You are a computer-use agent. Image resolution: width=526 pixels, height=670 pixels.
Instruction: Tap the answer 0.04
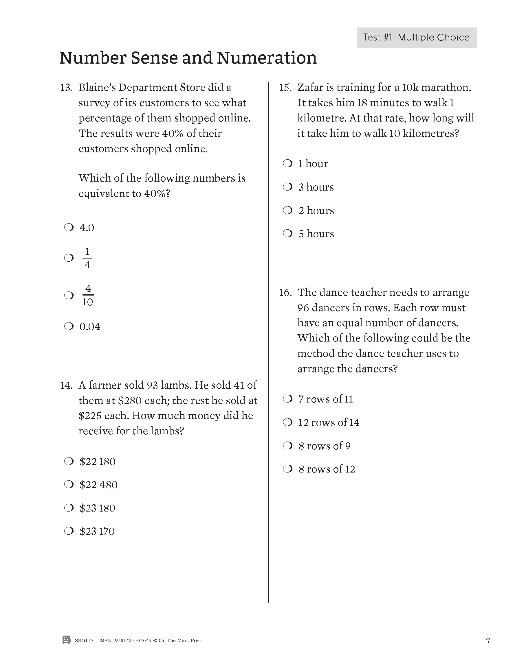coord(90,326)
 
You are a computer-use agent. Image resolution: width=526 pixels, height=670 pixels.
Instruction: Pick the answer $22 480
coord(98,485)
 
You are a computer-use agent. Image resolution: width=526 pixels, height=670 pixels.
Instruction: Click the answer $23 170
coord(97,531)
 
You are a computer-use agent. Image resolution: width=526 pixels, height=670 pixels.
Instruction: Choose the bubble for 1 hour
coord(288,163)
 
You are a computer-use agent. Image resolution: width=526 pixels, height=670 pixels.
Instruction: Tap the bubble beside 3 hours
coord(288,187)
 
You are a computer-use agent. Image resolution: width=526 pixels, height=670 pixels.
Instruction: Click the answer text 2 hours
coord(316,211)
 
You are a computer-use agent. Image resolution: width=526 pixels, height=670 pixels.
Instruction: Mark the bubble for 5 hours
coord(288,233)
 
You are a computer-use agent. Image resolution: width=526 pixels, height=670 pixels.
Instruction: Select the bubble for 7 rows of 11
coord(288,399)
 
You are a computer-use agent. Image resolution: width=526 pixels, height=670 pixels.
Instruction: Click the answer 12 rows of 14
coord(329,422)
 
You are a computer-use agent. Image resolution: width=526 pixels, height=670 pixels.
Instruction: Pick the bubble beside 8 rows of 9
coord(288,446)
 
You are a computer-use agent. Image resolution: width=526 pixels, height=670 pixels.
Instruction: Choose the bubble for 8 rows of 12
coord(288,469)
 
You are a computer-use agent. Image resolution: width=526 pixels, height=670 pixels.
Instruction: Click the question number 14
coord(66,385)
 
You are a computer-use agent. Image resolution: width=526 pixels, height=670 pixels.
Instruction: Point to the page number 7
coord(488,641)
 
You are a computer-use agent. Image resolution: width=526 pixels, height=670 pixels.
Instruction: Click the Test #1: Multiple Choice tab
coord(416,38)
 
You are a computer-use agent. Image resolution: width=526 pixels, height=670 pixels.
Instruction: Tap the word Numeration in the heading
coord(267,58)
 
